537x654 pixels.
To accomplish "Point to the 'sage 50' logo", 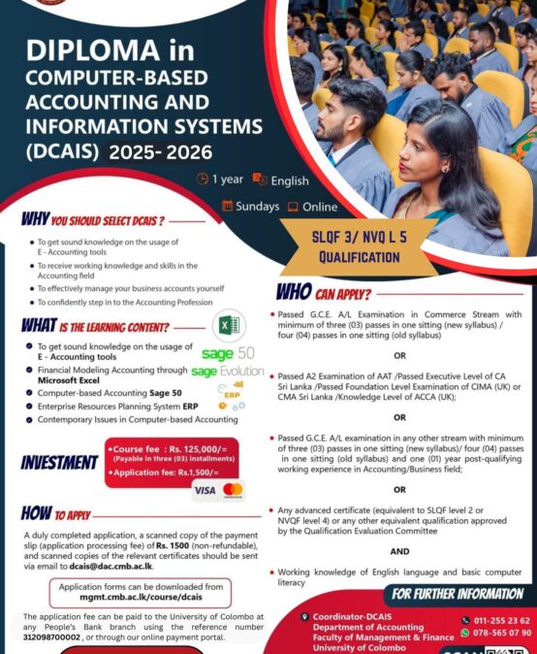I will click(x=229, y=353).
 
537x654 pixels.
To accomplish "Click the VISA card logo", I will click(x=205, y=490).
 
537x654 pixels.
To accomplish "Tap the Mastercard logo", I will click(x=233, y=490).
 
